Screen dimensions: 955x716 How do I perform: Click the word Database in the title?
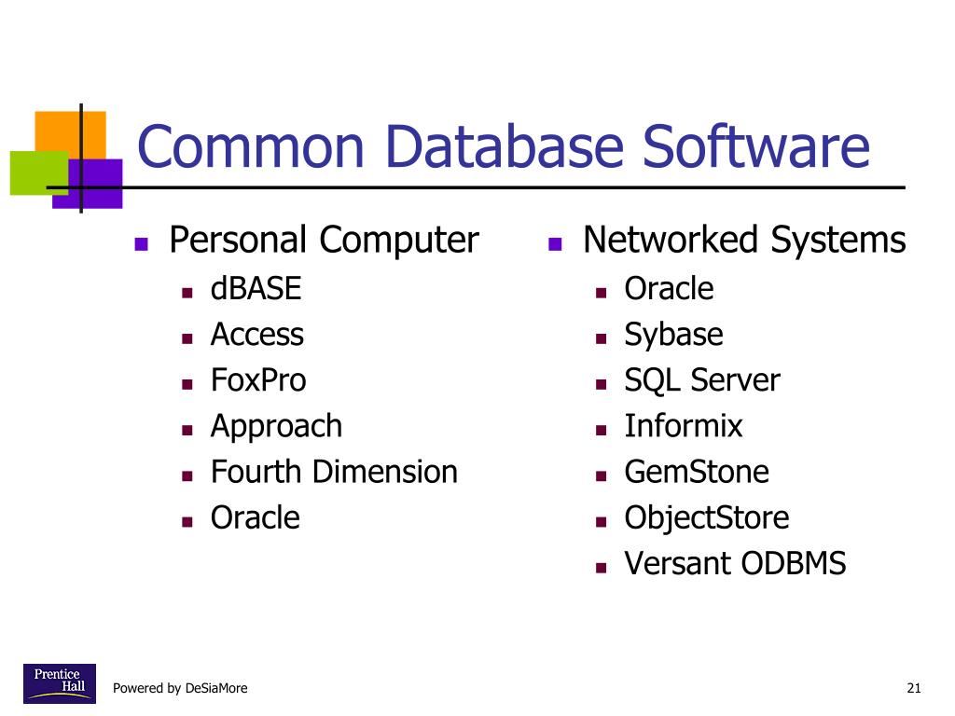point(504,147)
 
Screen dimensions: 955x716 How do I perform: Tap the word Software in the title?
point(756,147)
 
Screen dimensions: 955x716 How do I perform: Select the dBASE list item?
point(256,289)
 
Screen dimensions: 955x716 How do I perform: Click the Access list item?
point(257,335)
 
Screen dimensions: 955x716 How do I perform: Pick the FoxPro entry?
point(258,380)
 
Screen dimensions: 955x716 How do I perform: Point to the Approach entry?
point(276,426)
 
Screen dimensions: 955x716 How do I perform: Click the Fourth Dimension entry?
point(334,472)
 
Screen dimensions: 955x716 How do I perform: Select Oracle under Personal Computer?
point(256,517)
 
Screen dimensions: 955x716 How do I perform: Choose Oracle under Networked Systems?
point(669,289)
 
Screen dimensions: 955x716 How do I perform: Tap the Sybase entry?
point(673,335)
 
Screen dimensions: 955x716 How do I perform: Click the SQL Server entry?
point(701,380)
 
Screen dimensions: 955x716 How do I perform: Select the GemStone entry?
point(697,472)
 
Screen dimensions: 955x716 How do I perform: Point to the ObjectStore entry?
point(706,517)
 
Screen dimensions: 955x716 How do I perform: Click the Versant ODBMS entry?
point(735,563)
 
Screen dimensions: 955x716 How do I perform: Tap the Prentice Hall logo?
point(59,684)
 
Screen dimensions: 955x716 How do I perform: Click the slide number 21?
point(913,689)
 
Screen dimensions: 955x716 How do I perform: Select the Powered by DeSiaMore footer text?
point(180,689)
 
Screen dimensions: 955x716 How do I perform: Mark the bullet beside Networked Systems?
point(555,245)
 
